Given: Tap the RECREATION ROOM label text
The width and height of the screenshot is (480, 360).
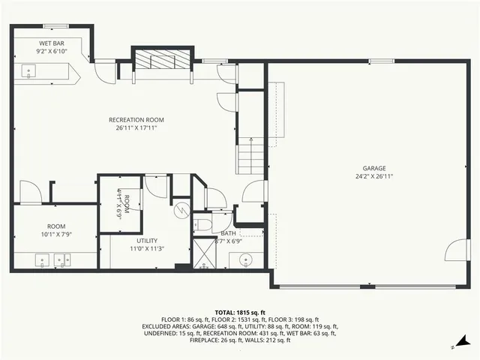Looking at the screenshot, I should [x=136, y=120].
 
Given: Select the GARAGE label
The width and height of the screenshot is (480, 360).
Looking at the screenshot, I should [x=373, y=168].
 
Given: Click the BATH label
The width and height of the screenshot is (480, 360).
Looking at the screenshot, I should [x=228, y=233].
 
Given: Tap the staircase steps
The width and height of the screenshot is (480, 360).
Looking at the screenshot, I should [x=251, y=158].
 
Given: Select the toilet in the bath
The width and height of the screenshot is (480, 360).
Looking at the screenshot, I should [x=202, y=225].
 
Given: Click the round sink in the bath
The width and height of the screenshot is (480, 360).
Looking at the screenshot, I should [x=246, y=260].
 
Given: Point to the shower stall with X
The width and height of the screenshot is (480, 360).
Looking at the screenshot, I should [x=204, y=253].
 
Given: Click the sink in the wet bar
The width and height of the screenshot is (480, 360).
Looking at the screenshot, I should [x=30, y=72].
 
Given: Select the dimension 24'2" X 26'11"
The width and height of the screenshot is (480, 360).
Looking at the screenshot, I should [x=373, y=176].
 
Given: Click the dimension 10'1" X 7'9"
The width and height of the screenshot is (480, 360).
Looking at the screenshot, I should [x=56, y=235].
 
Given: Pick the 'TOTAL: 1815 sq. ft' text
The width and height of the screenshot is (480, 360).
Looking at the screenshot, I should [x=240, y=312].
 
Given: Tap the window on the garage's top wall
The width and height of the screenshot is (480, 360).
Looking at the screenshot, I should [x=376, y=61].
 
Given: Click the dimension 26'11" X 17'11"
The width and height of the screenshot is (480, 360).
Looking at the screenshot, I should [x=136, y=128].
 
